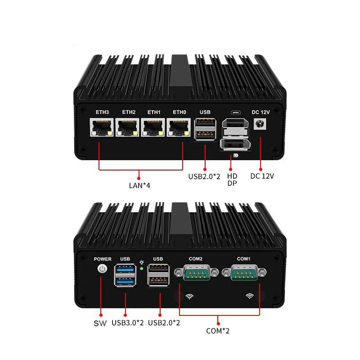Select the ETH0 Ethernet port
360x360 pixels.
[179, 129]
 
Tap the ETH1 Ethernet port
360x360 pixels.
[153, 129]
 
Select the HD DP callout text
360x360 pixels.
[232, 180]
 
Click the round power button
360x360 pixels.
[103, 269]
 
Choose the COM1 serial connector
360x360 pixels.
[243, 273]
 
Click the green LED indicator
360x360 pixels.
[142, 269]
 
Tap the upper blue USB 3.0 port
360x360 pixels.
[125, 270]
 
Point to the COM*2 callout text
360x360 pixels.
[219, 331]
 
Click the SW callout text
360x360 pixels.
[100, 323]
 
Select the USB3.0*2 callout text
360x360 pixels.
[128, 323]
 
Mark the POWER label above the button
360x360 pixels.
[103, 259]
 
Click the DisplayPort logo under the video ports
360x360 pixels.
[234, 156]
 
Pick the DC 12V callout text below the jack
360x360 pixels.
[262, 176]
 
